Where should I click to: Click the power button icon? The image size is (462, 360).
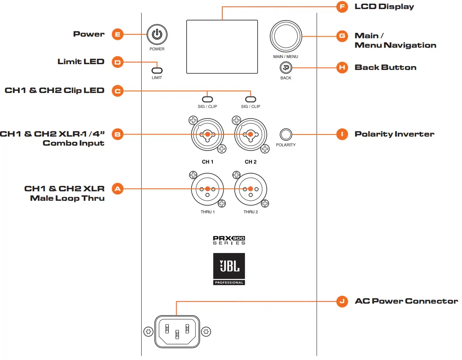tap(157, 35)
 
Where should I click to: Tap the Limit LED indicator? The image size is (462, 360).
tap(157, 70)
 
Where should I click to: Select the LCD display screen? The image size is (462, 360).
tap(222, 47)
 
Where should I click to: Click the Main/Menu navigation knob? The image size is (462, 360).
tap(286, 36)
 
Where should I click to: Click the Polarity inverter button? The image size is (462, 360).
tap(285, 135)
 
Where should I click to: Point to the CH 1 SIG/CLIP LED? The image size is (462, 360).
tap(208, 99)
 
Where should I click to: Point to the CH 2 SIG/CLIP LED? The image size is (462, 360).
tap(250, 99)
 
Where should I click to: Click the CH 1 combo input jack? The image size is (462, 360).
tap(208, 135)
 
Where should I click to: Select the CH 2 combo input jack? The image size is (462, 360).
tap(250, 135)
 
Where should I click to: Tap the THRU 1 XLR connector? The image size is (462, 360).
tap(208, 189)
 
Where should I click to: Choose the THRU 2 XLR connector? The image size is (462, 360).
tap(250, 189)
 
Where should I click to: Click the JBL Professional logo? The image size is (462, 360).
tap(229, 269)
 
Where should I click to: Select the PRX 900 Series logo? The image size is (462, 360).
tap(229, 240)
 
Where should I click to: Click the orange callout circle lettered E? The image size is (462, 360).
tap(118, 35)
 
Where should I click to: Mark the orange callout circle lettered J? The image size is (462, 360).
tap(342, 302)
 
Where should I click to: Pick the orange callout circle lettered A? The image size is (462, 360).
tap(118, 189)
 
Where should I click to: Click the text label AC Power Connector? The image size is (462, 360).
tap(406, 301)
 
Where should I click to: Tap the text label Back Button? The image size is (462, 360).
tap(385, 67)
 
